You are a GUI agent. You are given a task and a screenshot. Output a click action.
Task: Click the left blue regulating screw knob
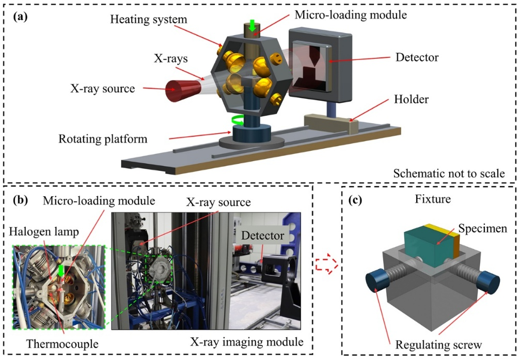point(376,282)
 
